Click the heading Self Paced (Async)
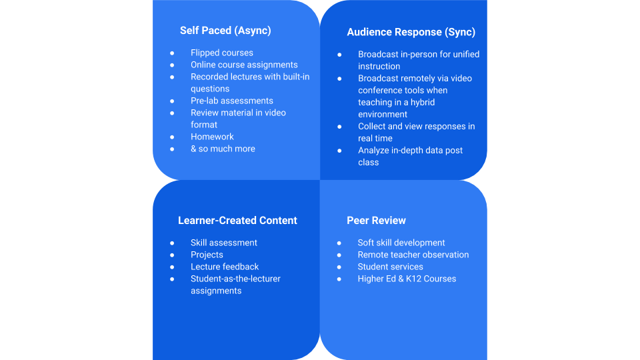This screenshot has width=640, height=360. point(225,31)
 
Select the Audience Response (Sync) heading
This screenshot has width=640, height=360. point(411,32)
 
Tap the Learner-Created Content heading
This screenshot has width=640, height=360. point(237,221)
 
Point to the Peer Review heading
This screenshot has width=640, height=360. point(376,221)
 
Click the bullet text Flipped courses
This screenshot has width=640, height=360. point(221,53)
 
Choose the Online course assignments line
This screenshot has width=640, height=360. point(244,65)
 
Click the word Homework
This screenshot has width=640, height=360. point(212,137)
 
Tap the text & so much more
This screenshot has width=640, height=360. point(223,149)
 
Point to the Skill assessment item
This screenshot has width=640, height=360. point(223,243)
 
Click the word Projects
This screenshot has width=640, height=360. point(207,255)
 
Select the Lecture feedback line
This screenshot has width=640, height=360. point(225,267)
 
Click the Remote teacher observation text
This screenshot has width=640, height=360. point(413,255)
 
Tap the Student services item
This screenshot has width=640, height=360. point(391,267)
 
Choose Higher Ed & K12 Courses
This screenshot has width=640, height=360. point(407,279)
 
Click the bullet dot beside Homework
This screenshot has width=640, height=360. point(172,137)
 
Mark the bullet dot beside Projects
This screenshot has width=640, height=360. point(172,255)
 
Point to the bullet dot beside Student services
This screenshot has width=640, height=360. point(339,267)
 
